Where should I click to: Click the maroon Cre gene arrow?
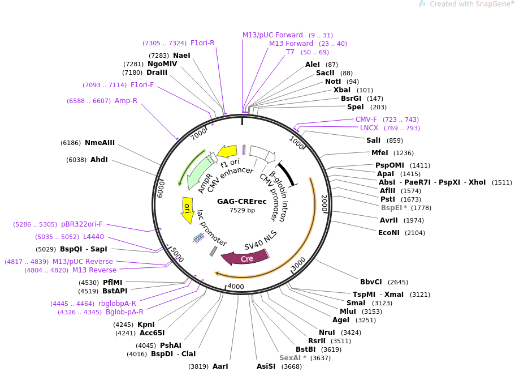click(244, 258)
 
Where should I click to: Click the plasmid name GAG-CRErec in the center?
click(242, 201)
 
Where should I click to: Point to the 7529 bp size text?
click(242, 210)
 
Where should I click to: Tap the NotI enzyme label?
click(333, 82)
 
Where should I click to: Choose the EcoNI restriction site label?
click(389, 233)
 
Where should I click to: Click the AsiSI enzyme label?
click(266, 366)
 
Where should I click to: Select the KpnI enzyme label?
click(146, 325)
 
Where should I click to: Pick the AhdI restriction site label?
click(99, 160)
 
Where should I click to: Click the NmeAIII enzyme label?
click(99, 143)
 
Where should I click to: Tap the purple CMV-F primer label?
click(366, 120)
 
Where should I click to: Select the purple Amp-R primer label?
click(126, 101)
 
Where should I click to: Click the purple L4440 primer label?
click(93, 237)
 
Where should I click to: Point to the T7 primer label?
click(290, 52)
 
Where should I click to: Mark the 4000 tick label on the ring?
click(236, 287)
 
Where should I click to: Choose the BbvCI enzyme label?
click(371, 282)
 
